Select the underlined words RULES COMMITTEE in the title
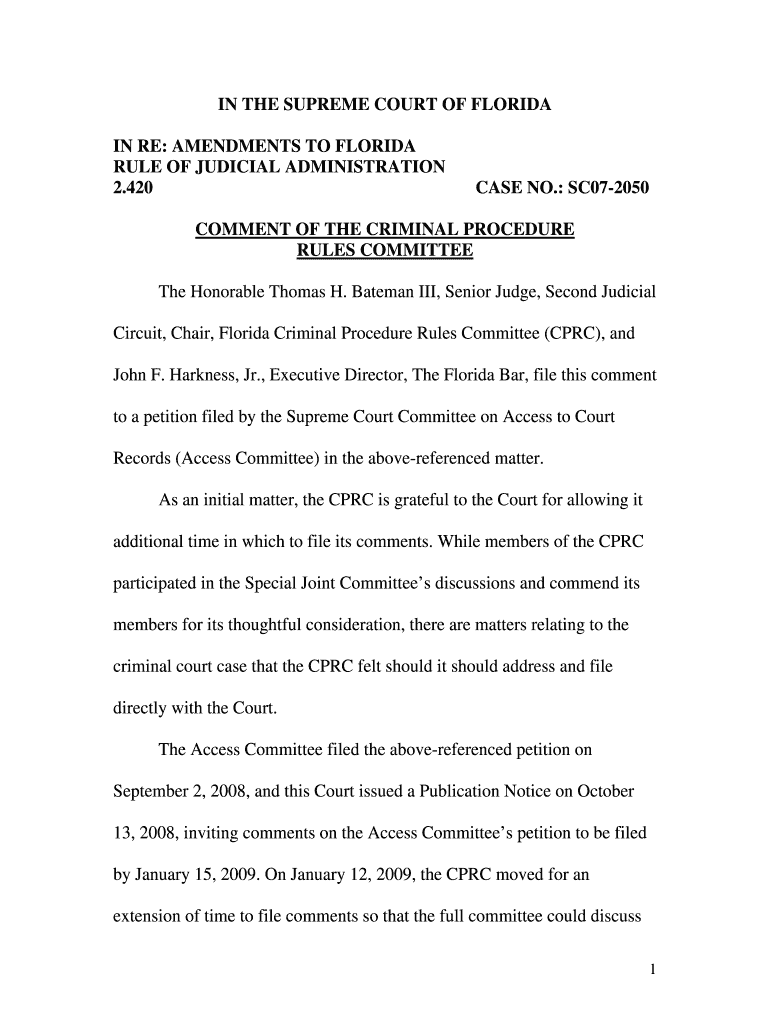tap(385, 250)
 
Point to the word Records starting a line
tap(141, 459)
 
